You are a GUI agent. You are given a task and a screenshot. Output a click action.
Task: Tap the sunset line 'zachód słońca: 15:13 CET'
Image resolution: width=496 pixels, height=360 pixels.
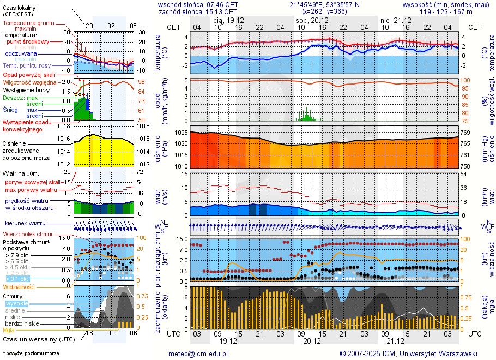[x=197, y=11]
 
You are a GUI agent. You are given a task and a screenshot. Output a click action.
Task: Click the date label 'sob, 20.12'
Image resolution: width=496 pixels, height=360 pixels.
[x=309, y=20]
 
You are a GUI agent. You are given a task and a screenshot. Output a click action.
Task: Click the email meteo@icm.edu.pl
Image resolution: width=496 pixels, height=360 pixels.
[x=198, y=353]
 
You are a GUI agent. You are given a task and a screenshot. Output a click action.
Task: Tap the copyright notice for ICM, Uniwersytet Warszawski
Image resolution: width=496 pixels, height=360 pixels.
[x=408, y=353]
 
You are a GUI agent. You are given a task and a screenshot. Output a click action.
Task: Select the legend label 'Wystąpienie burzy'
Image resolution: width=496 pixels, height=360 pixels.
[x=26, y=89]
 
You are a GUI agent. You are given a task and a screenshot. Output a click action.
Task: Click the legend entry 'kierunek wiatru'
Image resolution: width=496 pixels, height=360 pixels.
[x=25, y=224]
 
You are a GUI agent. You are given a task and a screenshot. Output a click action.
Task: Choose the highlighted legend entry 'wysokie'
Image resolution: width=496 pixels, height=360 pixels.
[x=16, y=303]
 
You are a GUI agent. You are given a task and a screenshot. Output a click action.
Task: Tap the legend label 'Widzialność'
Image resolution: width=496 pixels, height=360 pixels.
[x=19, y=286]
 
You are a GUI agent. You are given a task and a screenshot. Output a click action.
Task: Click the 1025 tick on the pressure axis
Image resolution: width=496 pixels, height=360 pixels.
[x=181, y=133]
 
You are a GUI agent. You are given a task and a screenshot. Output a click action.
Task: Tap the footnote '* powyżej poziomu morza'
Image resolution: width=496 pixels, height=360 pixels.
[x=30, y=353]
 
